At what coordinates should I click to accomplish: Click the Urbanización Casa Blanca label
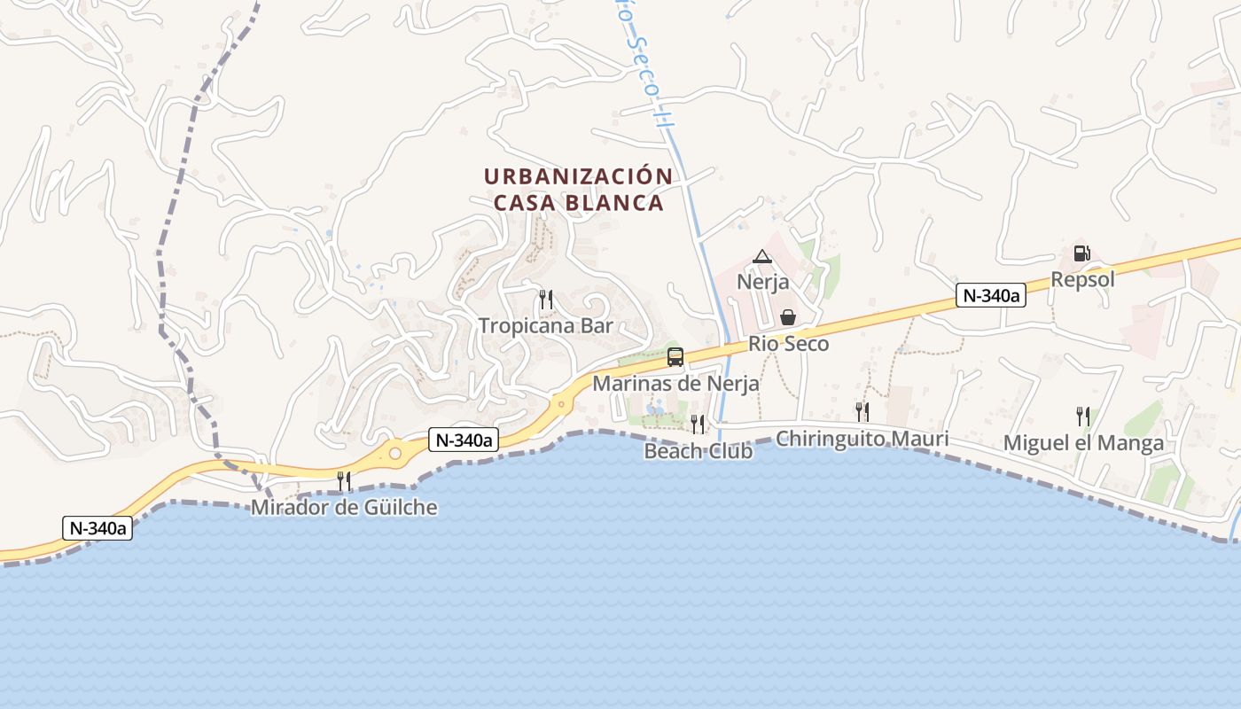(x=578, y=190)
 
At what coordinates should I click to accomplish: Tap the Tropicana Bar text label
(x=546, y=325)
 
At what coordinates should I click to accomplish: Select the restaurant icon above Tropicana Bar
(x=546, y=300)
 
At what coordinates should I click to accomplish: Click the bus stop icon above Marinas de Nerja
(x=675, y=357)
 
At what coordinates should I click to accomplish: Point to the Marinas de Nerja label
(x=675, y=384)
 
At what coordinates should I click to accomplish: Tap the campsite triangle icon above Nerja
(x=761, y=257)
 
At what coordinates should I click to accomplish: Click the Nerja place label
(x=762, y=282)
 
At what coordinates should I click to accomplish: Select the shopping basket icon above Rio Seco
(x=787, y=317)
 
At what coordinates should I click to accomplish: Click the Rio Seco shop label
(x=788, y=343)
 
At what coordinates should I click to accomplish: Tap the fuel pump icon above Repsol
(x=1081, y=253)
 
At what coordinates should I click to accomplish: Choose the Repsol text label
(x=1082, y=279)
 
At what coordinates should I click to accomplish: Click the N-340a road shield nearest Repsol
(x=990, y=295)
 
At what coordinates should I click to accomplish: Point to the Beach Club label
(x=699, y=451)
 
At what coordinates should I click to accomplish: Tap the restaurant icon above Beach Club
(x=698, y=425)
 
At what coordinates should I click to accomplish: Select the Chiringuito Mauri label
(x=862, y=438)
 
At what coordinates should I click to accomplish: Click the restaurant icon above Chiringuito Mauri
(x=862, y=411)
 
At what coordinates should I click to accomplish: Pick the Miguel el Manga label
(x=1083, y=443)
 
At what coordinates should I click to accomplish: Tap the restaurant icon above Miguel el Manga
(x=1082, y=417)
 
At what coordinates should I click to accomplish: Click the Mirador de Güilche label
(x=344, y=508)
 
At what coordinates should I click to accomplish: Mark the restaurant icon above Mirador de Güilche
(x=344, y=481)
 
